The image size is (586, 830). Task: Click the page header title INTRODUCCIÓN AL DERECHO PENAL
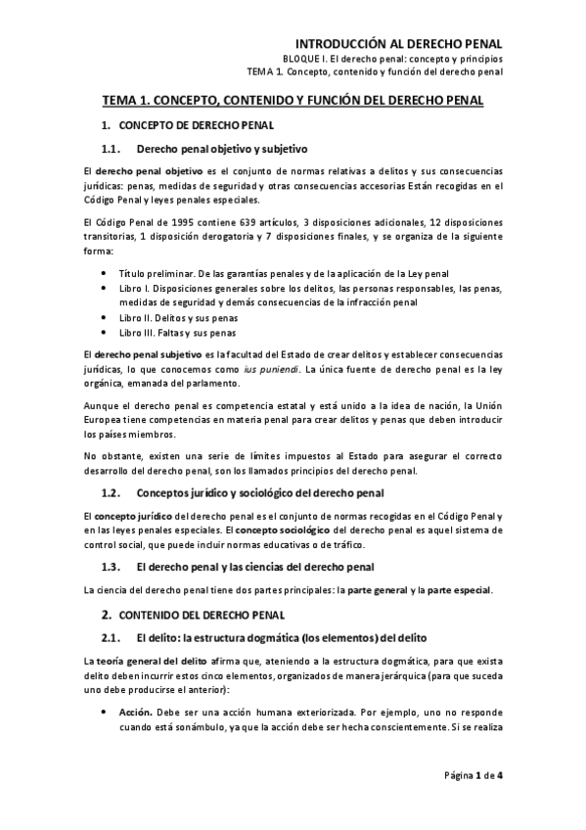coord(399,43)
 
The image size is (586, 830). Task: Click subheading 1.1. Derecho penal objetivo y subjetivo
coord(203,149)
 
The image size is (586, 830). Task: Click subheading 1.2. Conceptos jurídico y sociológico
coord(245,491)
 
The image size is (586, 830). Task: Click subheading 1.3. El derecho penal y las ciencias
coord(239,567)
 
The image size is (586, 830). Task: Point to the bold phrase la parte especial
coord(457,589)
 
